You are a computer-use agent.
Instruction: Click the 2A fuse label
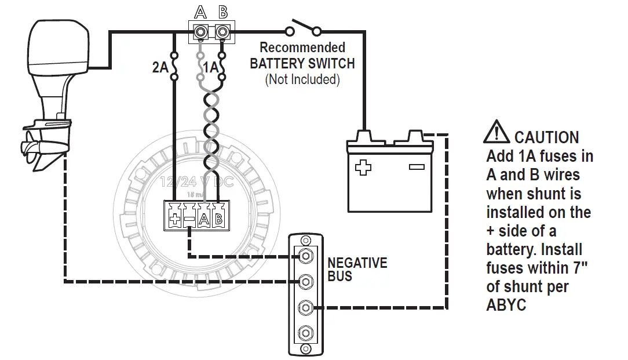pyautogui.click(x=160, y=68)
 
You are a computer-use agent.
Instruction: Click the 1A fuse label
pyautogui.click(x=210, y=68)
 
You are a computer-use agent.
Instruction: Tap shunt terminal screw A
pyautogui.click(x=200, y=31)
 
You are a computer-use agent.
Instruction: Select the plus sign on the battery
pyautogui.click(x=363, y=168)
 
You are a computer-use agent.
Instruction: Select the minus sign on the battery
pyautogui.click(x=416, y=167)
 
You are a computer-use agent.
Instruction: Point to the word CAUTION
pyautogui.click(x=546, y=138)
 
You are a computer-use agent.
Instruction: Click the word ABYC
pyautogui.click(x=506, y=305)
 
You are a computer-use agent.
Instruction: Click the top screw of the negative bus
pyautogui.click(x=305, y=256)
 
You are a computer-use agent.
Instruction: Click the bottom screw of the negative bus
pyautogui.click(x=305, y=333)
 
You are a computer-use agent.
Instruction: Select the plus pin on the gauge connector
pyautogui.click(x=174, y=220)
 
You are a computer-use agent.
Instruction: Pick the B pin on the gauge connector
pyautogui.click(x=218, y=220)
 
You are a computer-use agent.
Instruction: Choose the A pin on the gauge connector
pyautogui.click(x=203, y=220)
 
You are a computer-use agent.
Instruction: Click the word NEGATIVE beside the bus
pyautogui.click(x=357, y=263)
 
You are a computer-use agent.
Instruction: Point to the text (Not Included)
pyautogui.click(x=302, y=79)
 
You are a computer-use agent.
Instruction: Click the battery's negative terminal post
pyautogui.click(x=416, y=137)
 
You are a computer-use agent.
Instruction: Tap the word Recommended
pyautogui.click(x=302, y=48)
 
